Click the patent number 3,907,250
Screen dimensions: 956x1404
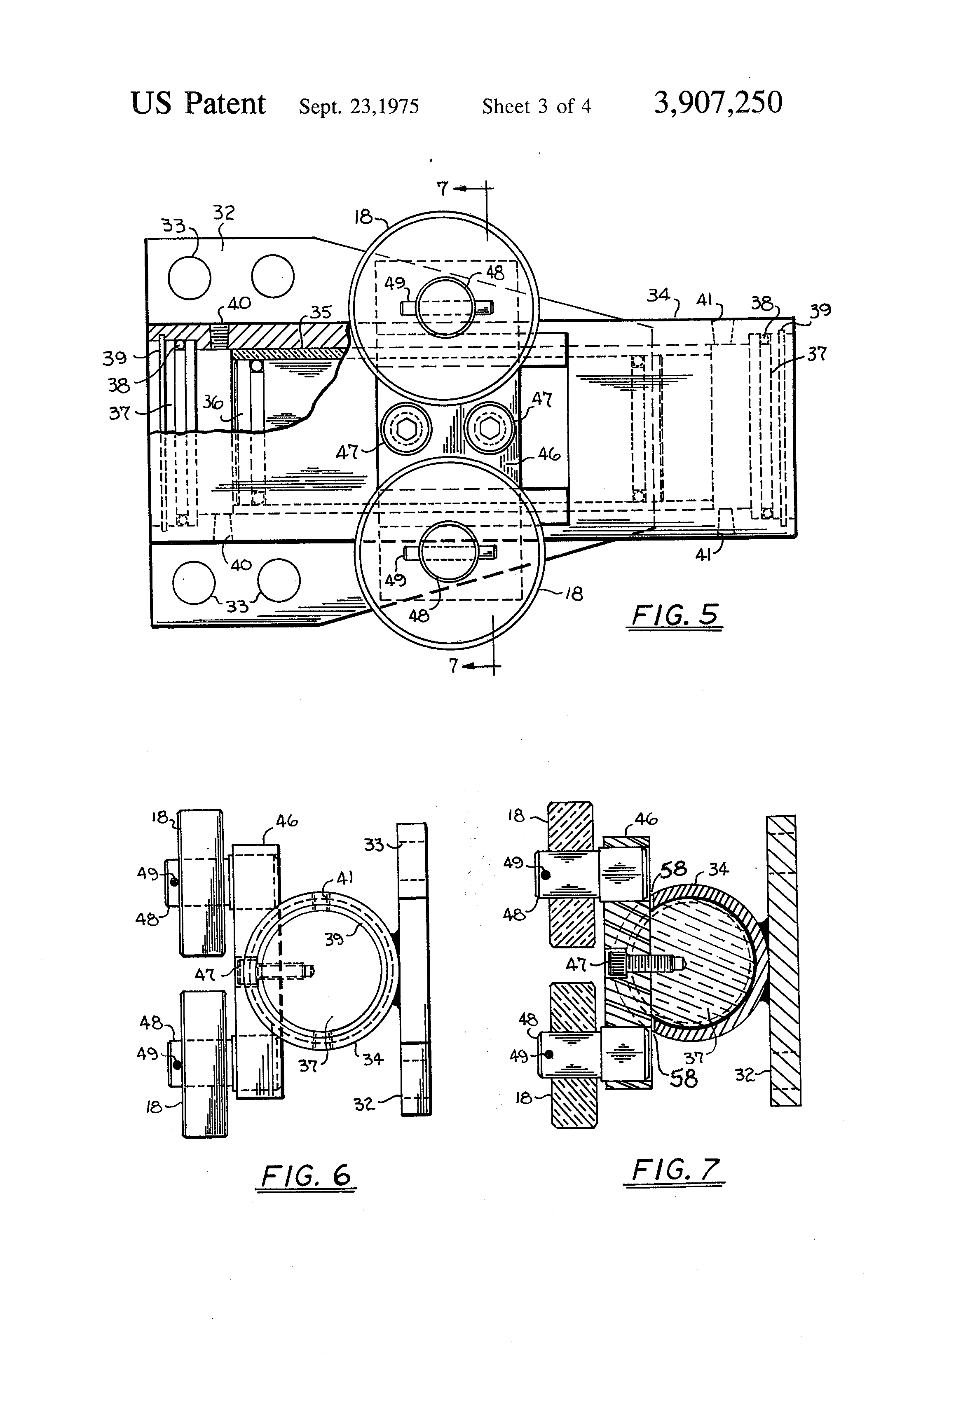pos(718,103)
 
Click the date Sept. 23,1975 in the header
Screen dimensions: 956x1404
pos(359,106)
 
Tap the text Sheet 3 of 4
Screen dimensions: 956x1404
pos(537,106)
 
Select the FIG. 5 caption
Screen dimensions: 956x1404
pos(675,615)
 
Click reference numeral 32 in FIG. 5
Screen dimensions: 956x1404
pos(224,213)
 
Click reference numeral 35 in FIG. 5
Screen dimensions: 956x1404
pos(321,312)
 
